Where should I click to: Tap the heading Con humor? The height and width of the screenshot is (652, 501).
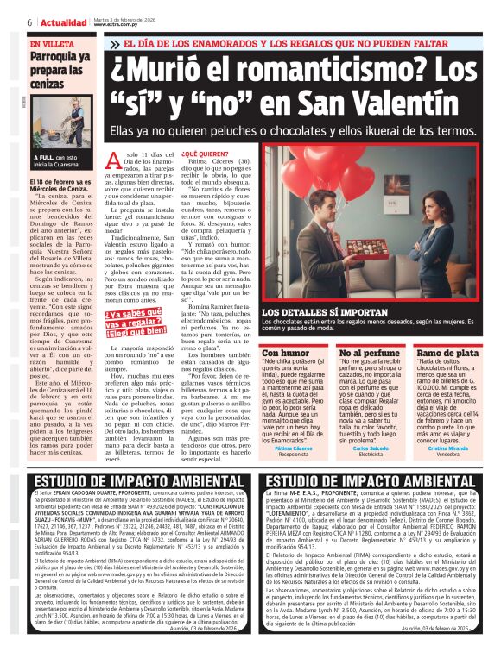coord(282,353)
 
